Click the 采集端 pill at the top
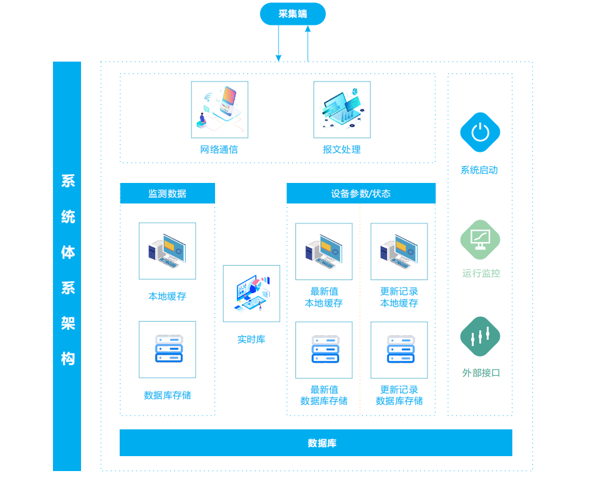(x=292, y=14)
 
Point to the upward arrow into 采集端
(x=308, y=43)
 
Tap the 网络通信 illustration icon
(x=220, y=110)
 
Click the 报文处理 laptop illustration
(x=342, y=110)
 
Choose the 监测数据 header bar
(x=168, y=193)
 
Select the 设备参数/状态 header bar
(x=361, y=193)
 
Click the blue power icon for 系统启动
(x=480, y=133)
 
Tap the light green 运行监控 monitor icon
(x=480, y=240)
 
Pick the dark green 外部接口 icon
(x=480, y=337)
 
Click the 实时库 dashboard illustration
(x=252, y=294)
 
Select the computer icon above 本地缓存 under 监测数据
(x=168, y=251)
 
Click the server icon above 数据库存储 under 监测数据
(x=168, y=350)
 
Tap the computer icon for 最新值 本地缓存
(x=324, y=251)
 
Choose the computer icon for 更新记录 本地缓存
(x=400, y=251)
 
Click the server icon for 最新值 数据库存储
(x=324, y=350)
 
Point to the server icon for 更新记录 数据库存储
(x=400, y=350)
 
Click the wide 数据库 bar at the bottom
(x=316, y=443)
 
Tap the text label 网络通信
(x=219, y=149)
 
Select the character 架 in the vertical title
(x=68, y=323)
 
